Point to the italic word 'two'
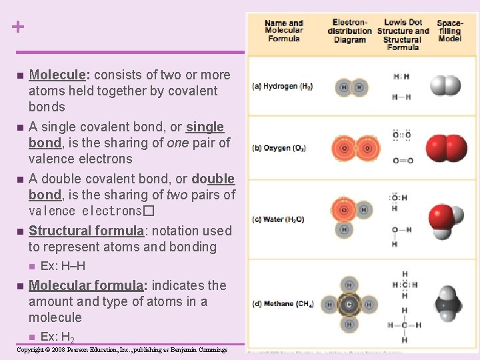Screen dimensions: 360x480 point(177,195)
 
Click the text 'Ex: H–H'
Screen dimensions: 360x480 point(63,266)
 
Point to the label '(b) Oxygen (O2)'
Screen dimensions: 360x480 point(281,147)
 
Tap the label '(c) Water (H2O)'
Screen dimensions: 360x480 point(279,219)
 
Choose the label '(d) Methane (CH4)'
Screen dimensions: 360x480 point(283,304)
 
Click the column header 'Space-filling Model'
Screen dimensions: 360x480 point(449,31)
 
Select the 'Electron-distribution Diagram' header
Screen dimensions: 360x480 point(350,31)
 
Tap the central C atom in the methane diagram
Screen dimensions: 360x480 point(348,304)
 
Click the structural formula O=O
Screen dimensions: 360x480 point(402,161)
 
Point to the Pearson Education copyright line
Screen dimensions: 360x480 point(122,350)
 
